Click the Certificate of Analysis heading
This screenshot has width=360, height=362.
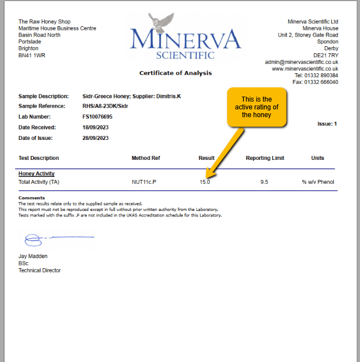click(x=176, y=73)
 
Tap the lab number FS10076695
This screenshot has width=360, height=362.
click(x=97, y=117)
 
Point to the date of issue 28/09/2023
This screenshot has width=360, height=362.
click(x=96, y=138)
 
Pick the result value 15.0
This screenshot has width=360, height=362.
click(x=205, y=182)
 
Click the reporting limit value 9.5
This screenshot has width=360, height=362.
click(x=264, y=182)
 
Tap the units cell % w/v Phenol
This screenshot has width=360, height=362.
click(x=317, y=182)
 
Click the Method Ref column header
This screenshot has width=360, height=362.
click(x=146, y=158)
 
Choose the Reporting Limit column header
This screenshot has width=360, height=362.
click(x=265, y=158)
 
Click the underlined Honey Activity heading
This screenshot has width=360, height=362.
click(x=36, y=174)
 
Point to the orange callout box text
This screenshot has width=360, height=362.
click(x=257, y=107)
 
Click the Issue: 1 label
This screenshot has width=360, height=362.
click(x=327, y=124)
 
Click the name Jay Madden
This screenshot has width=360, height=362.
click(x=33, y=256)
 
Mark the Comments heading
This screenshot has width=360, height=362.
click(x=31, y=198)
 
